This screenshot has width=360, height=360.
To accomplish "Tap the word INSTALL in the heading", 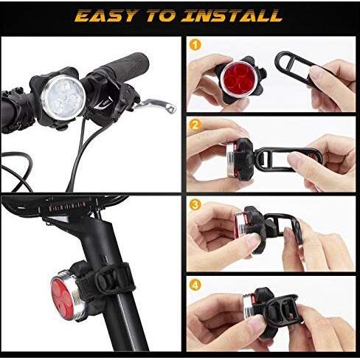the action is point(232,16).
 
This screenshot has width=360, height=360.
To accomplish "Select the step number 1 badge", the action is point(195,45).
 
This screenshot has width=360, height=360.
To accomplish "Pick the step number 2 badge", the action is point(195,125).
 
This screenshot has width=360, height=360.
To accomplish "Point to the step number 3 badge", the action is point(195,204).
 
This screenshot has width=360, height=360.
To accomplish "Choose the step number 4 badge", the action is point(195,285).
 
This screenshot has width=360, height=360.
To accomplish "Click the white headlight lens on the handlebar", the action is point(63,97).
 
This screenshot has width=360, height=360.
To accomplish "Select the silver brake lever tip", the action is point(172,108).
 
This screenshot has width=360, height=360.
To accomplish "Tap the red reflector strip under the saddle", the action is point(67,206).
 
